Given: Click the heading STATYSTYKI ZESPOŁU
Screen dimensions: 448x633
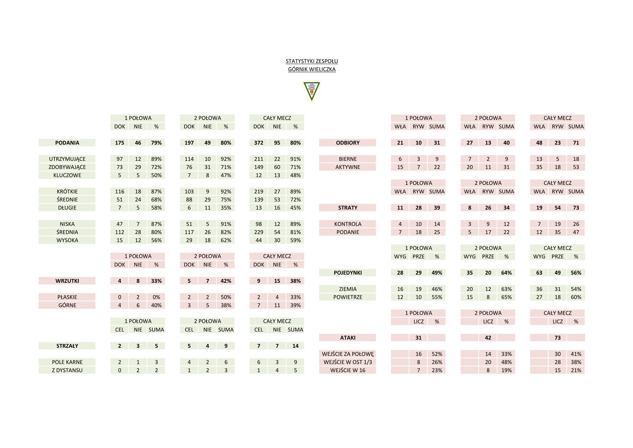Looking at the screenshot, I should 312,61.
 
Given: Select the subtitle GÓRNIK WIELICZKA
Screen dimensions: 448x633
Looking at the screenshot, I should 312,69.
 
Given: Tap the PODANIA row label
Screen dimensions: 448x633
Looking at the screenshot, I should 67,143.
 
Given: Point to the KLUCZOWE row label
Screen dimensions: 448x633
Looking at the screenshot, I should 67,175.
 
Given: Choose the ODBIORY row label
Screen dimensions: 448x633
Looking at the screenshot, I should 348,143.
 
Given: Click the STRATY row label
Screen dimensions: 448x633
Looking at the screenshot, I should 348,208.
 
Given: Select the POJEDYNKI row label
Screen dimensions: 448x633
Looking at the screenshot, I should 348,273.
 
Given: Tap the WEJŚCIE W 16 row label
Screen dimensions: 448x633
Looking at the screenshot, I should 348,370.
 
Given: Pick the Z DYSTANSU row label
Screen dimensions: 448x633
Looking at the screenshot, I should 67,370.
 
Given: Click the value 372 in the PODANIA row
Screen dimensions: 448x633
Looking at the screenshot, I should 259,143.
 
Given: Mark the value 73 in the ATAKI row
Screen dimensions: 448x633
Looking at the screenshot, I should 558,338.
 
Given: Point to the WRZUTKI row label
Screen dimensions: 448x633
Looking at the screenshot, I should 67,281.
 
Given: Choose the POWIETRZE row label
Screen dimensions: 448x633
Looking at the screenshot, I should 348,297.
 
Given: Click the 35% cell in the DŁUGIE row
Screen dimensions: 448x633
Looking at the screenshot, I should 226,208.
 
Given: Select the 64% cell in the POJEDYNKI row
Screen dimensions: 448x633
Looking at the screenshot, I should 506,273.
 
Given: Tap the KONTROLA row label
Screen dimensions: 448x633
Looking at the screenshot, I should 348,224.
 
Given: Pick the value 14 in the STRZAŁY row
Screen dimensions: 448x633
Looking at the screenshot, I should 295,346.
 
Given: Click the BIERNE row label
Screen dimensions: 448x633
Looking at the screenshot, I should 348,159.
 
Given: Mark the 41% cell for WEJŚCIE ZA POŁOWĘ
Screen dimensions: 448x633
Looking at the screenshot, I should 576,354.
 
